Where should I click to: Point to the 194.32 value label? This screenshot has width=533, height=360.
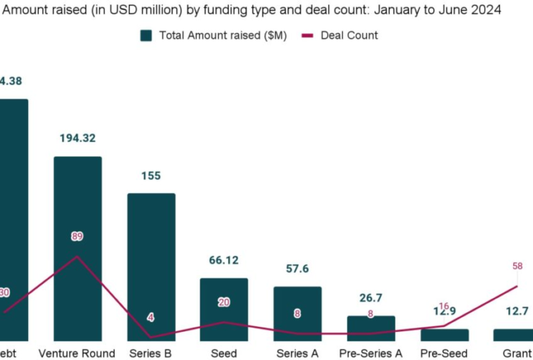click(78, 138)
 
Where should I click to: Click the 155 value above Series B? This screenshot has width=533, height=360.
click(151, 176)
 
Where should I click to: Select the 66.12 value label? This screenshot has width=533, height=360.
click(224, 261)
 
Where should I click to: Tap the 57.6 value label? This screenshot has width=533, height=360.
click(297, 269)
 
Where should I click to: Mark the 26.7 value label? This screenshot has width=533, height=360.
click(371, 298)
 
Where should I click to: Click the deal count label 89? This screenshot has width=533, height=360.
click(78, 235)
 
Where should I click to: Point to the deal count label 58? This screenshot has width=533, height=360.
click(517, 266)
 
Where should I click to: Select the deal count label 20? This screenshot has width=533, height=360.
click(224, 302)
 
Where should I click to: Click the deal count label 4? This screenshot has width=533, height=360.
click(151, 318)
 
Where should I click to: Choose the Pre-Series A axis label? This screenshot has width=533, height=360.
click(371, 353)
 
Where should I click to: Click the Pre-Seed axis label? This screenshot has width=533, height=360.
click(444, 353)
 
